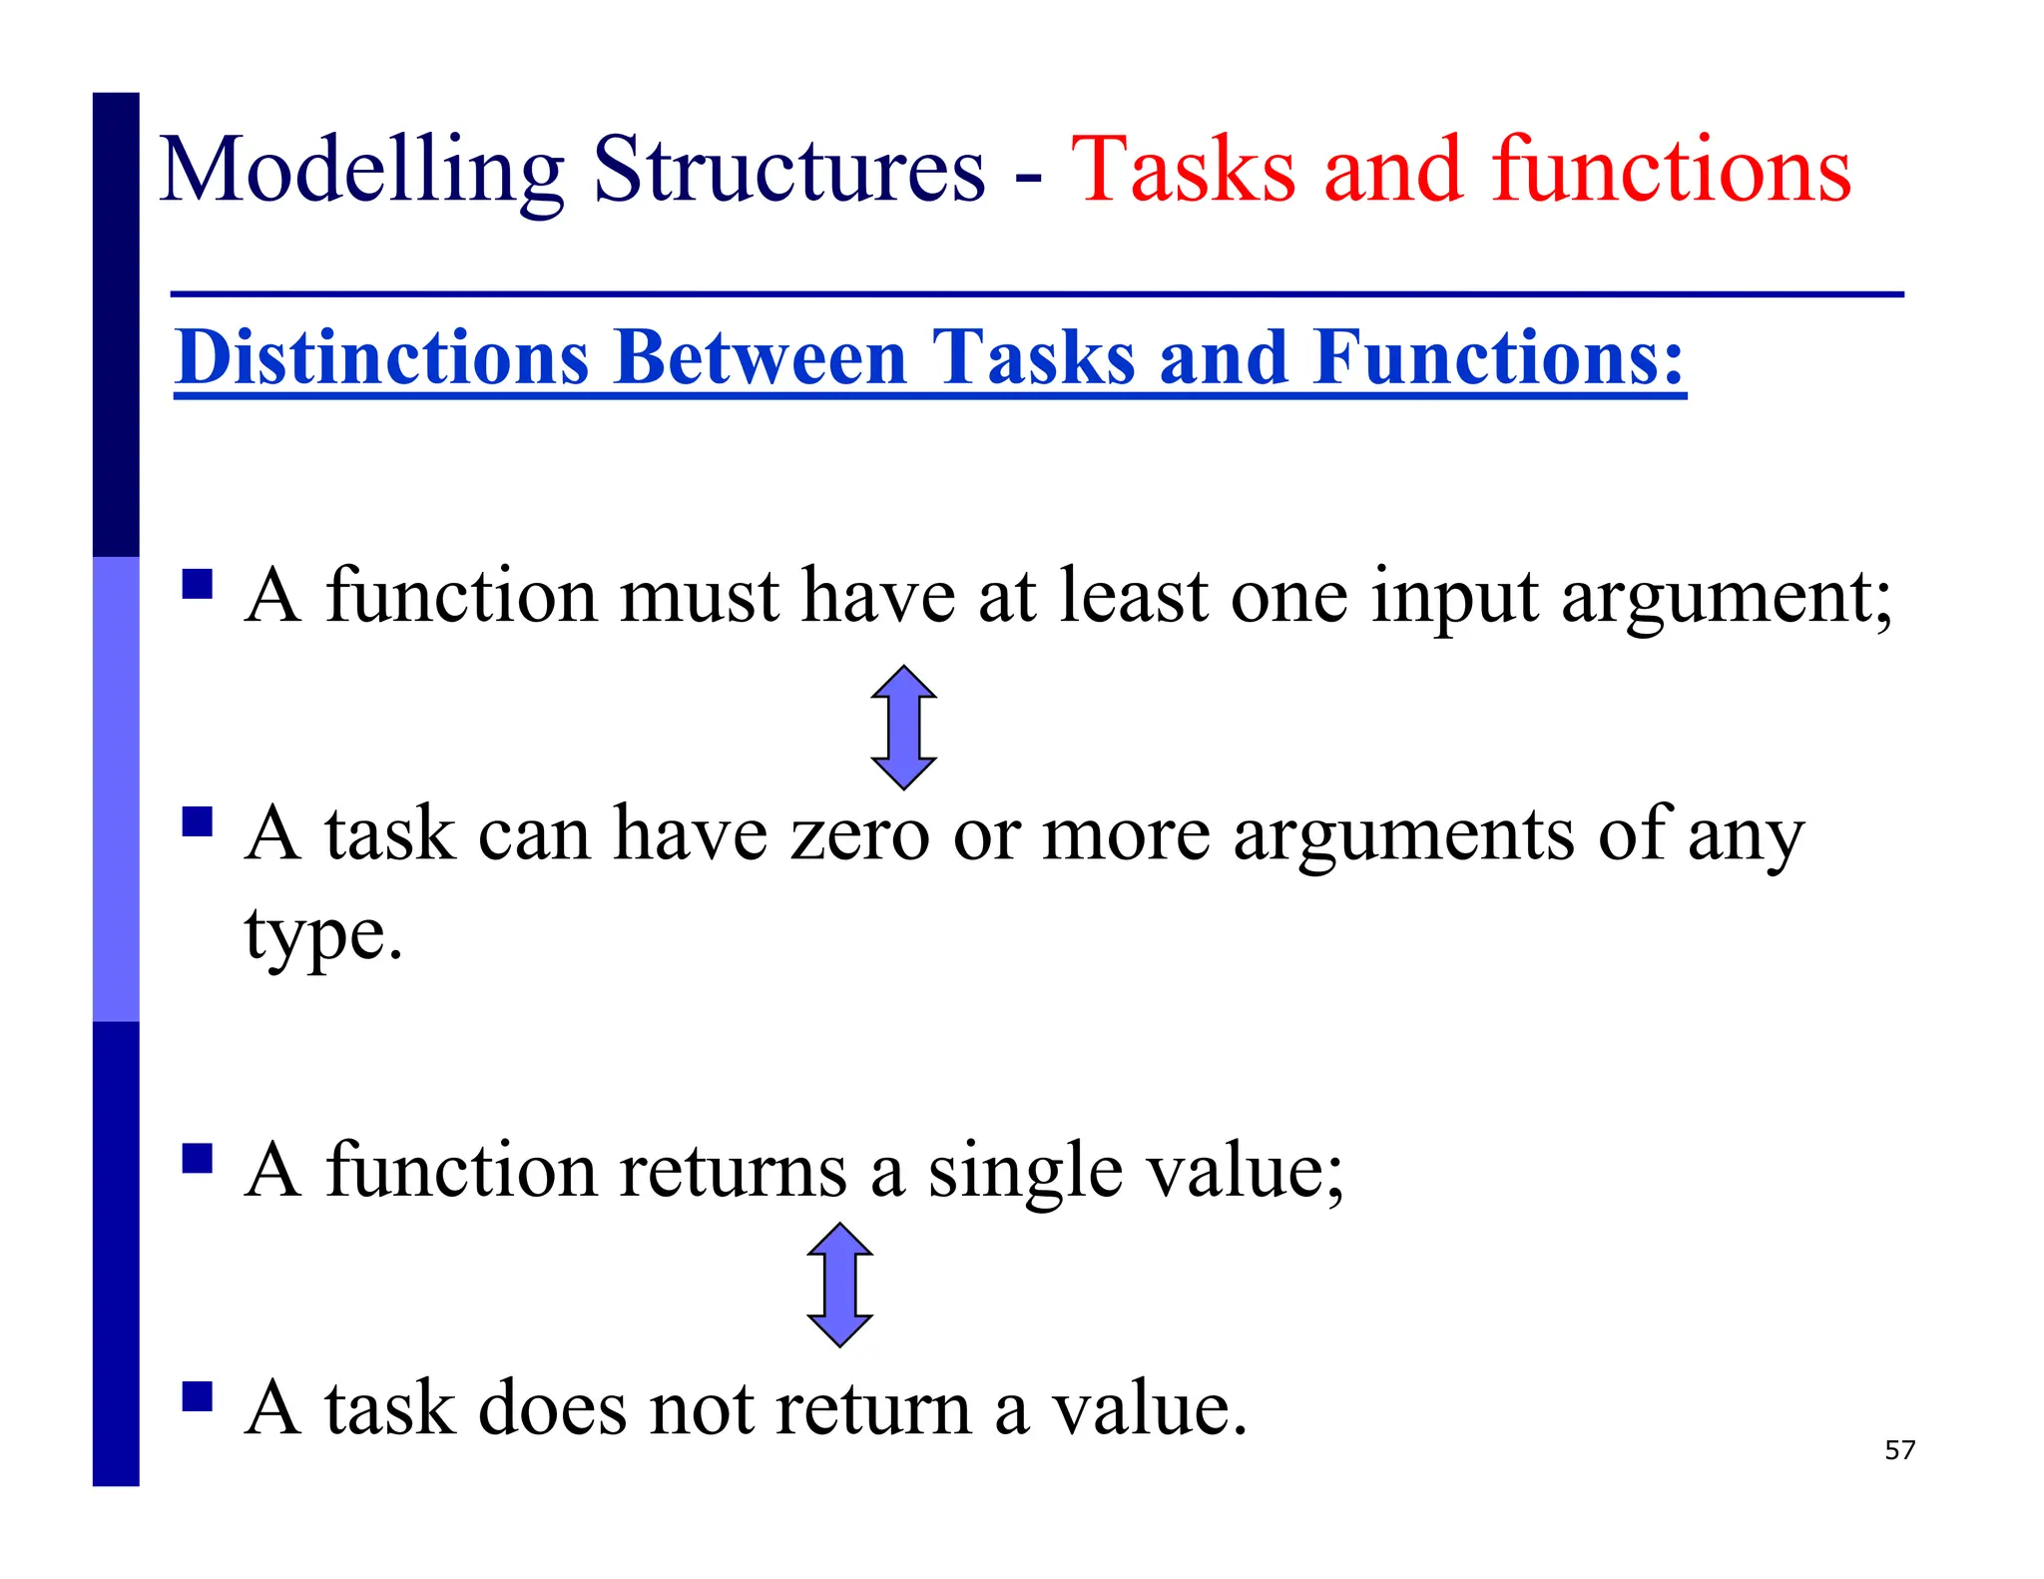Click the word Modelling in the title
coord(361,172)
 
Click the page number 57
coord(1899,1450)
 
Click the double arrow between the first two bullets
coord(903,728)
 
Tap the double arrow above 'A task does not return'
coord(839,1285)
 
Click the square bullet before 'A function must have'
coord(198,583)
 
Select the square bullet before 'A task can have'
coord(198,821)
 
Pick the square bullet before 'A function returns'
coord(198,1158)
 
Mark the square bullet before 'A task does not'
coord(198,1395)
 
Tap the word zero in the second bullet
coord(859,834)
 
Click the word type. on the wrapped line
coord(323,936)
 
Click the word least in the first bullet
coord(1133,597)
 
